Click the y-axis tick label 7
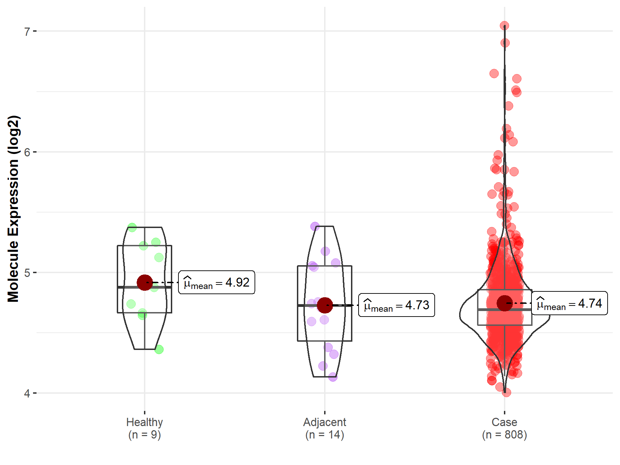(27, 32)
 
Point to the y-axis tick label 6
(27, 152)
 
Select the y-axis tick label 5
(27, 273)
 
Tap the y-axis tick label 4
(27, 393)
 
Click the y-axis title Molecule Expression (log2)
(13, 209)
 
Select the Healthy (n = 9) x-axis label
(144, 428)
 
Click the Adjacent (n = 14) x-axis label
(324, 428)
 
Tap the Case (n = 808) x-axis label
(504, 428)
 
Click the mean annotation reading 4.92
(217, 282)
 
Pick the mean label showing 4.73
(396, 305)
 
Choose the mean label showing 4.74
(569, 303)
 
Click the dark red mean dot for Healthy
(145, 282)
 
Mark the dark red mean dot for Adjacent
(324, 305)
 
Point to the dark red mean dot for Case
(505, 303)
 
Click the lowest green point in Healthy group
(159, 349)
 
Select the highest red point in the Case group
(504, 26)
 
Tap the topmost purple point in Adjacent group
(315, 226)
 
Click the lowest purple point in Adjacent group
(333, 377)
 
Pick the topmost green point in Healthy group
(132, 227)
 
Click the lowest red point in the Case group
(506, 392)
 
